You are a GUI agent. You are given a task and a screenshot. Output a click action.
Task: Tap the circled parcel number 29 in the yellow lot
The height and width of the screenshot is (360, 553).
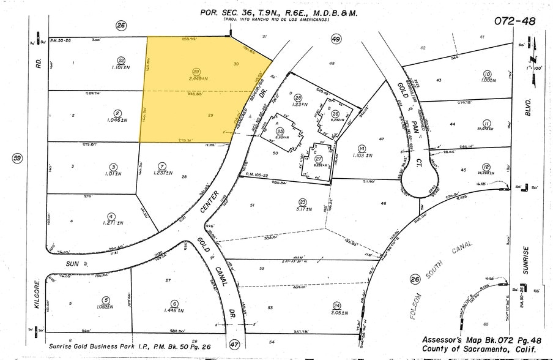pos(196,72)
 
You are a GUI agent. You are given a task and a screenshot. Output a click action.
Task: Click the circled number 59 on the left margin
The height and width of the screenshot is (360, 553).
pos(17,159)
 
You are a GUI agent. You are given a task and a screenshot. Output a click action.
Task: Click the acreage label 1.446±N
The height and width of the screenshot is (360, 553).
pos(174,310)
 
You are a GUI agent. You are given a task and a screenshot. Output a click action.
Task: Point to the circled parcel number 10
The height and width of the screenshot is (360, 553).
pos(487,73)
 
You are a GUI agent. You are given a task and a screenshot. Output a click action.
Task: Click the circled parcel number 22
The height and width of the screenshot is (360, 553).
pos(121,59)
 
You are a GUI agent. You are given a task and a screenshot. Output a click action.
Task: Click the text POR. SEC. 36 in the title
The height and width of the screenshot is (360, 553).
pos(226,12)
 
